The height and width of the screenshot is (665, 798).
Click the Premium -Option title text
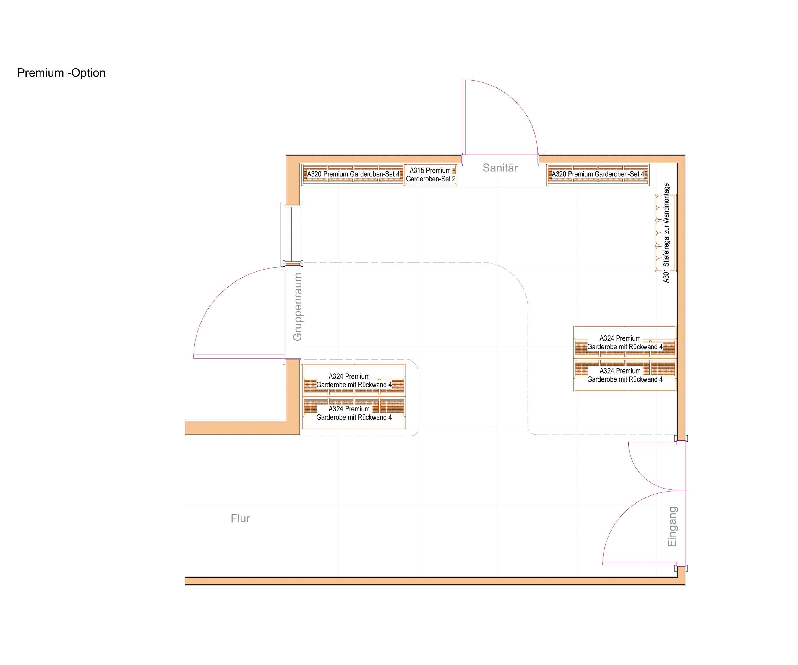coord(61,73)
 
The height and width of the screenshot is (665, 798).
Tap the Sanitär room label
coord(500,168)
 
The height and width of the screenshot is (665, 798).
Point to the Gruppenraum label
coord(298,307)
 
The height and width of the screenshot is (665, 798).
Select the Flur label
coord(240,518)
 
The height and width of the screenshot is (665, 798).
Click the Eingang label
coord(672,527)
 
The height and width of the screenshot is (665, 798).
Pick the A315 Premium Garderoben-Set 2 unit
coord(431,175)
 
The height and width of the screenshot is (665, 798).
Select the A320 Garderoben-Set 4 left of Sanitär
coord(353,174)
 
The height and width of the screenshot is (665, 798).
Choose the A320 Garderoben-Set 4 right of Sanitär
coord(598,174)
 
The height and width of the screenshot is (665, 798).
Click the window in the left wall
coord(291,234)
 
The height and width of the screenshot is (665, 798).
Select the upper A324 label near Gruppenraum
coord(354,380)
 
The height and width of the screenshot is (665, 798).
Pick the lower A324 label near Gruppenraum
coord(354,413)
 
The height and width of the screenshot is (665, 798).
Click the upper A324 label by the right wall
coord(625,342)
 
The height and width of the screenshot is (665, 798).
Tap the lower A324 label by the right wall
coord(625,375)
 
